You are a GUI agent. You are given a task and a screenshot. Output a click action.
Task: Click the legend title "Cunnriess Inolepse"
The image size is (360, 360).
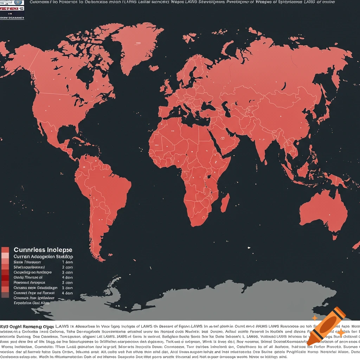click(43, 250)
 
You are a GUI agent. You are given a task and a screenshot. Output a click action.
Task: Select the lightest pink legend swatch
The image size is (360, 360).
click(5, 256)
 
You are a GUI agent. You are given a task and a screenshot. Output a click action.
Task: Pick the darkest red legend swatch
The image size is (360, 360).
click(5, 277)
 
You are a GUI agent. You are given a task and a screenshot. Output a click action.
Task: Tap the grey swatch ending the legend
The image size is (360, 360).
click(5, 295)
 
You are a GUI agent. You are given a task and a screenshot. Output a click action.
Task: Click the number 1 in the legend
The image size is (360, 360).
click(63, 262)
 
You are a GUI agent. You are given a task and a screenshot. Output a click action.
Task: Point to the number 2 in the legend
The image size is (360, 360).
click(63, 267)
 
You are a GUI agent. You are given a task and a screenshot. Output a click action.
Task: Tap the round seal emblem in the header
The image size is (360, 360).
click(18, 2)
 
